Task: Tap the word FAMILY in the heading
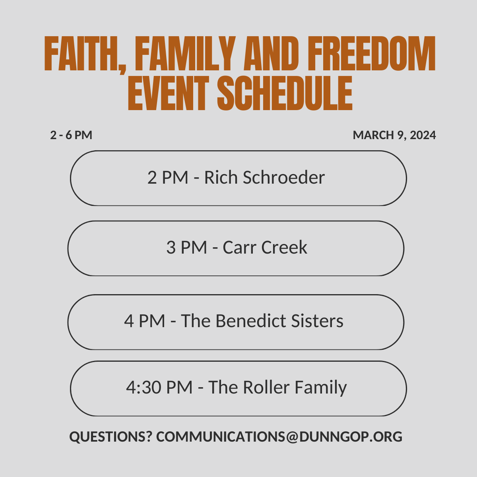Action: point(185,54)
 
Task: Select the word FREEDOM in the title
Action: point(372,54)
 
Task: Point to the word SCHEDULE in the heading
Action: point(285,93)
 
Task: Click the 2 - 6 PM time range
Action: point(71,135)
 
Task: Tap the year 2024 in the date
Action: point(423,135)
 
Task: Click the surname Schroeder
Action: point(284,177)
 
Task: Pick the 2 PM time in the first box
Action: point(168,177)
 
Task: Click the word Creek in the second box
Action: point(284,247)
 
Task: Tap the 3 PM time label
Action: point(187,247)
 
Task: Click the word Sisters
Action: point(317,321)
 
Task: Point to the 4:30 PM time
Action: point(159,387)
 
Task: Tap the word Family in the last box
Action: point(321,388)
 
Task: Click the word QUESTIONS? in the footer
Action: point(111,436)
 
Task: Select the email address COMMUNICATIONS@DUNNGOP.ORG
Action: point(279,437)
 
